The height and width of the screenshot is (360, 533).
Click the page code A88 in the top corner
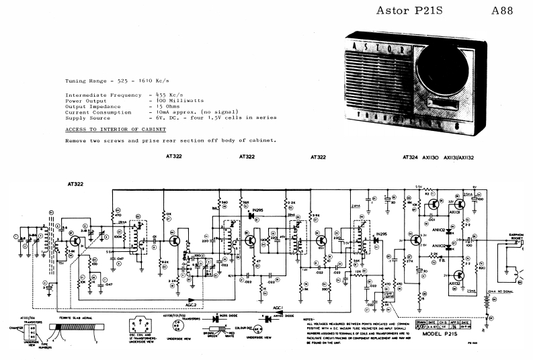pyautogui.click(x=504, y=11)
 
